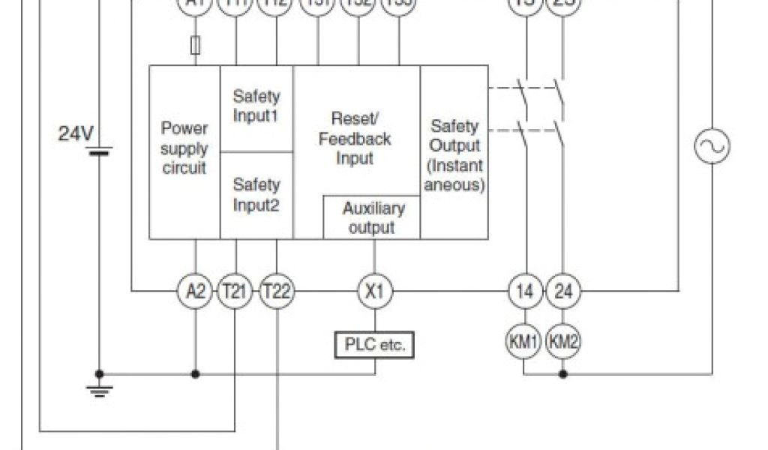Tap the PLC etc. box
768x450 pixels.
click(x=373, y=346)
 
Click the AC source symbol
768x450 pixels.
click(x=711, y=146)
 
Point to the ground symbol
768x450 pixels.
click(x=99, y=387)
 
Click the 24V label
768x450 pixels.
click(x=76, y=134)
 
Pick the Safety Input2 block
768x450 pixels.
click(x=256, y=194)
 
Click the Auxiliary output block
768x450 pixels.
click(x=372, y=217)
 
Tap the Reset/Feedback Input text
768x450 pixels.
click(x=355, y=139)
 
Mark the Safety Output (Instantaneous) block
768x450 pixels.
click(x=454, y=154)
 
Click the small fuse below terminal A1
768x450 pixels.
click(x=196, y=46)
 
